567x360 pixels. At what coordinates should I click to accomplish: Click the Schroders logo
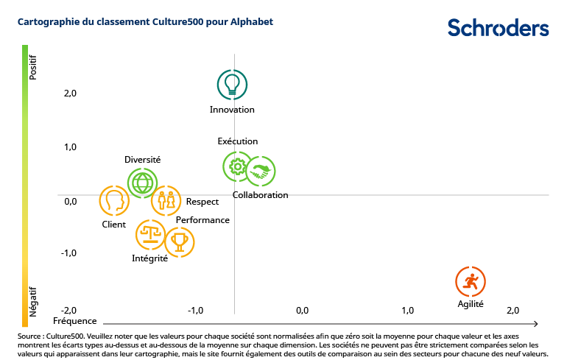pos(498,28)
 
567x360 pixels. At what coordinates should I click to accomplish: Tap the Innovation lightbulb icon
pos(232,84)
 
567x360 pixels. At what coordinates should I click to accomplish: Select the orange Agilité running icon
pos(471,281)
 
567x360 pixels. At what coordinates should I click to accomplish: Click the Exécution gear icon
pos(237,167)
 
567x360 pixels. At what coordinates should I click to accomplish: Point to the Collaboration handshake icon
pos(260,172)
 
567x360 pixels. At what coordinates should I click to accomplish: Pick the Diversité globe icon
pos(142,182)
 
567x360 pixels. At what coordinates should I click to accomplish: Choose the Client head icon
pos(114,200)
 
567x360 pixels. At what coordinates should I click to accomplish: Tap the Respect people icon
pos(166,200)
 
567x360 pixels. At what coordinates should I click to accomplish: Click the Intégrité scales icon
pos(151,236)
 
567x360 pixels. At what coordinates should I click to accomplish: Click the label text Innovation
pos(232,110)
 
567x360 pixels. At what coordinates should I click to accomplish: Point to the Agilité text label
pos(471,303)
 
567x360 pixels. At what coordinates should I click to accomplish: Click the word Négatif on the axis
pos(32,302)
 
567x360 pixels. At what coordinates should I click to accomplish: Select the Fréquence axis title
pos(75,321)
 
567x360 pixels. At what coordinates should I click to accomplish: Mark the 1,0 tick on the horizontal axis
pos(407,310)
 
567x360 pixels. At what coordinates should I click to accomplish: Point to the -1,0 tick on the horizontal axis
pos(195,310)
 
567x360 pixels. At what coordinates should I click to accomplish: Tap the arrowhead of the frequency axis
pos(536,323)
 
